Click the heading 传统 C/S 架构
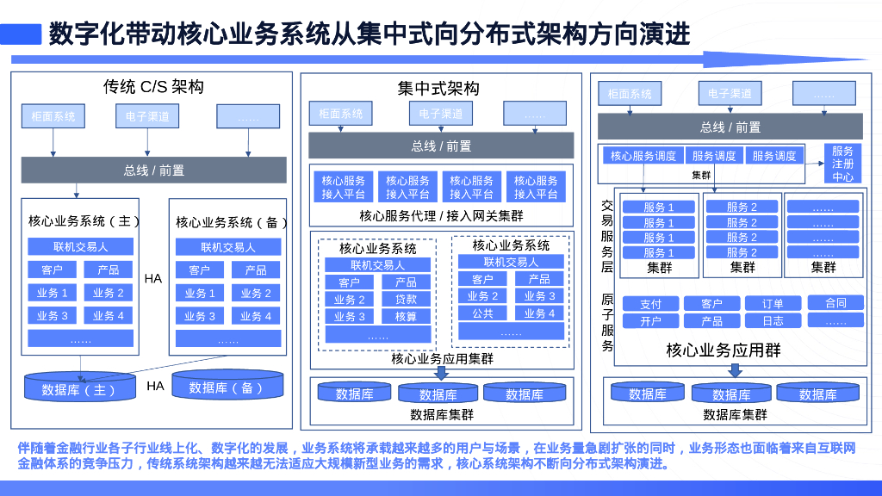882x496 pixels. click(x=153, y=87)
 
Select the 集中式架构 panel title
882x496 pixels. click(x=438, y=89)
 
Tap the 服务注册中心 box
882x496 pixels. click(x=842, y=163)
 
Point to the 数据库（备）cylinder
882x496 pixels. click(x=227, y=387)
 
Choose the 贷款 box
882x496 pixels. click(x=407, y=299)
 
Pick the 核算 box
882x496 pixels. click(x=407, y=316)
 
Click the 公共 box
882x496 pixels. click(x=482, y=313)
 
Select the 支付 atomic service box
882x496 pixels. click(x=650, y=304)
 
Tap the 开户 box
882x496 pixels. click(x=650, y=321)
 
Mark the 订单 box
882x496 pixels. click(x=773, y=304)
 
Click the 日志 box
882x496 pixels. click(x=773, y=321)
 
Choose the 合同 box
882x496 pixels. click(x=835, y=303)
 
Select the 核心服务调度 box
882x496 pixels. click(x=643, y=156)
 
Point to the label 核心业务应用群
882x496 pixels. click(x=724, y=350)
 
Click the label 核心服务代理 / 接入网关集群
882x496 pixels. click(x=441, y=216)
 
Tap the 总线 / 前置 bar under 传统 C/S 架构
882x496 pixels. click(x=153, y=170)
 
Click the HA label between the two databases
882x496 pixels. click(x=155, y=386)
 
